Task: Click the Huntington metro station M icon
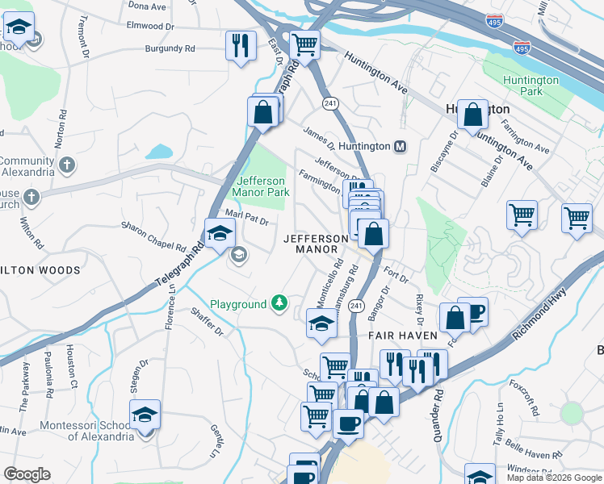pos(400,147)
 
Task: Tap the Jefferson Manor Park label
pos(261,186)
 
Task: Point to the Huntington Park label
pos(531,86)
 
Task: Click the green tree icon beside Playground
pos(279,303)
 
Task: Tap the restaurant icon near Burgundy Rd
pos(240,45)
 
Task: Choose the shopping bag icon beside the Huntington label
pos(472,115)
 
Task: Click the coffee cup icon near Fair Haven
pos(475,311)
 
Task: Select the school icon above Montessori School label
pos(145,415)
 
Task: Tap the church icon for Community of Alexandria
pos(67,165)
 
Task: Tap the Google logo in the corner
pos(27,474)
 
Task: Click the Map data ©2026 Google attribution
pos(553,478)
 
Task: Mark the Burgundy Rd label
pos(170,48)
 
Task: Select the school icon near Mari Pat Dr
pos(218,234)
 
